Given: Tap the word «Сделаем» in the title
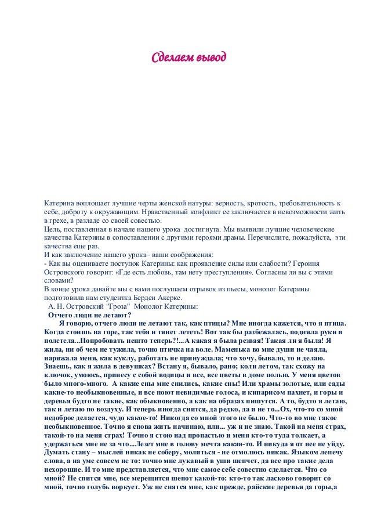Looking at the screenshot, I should tap(169, 59).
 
